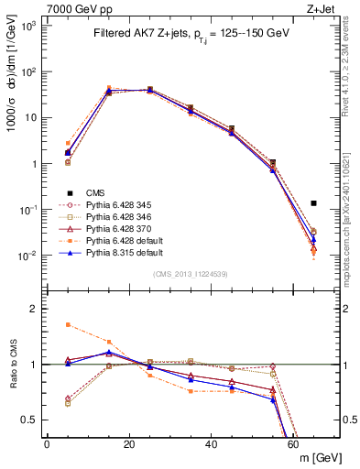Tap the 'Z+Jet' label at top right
[x=325, y=7]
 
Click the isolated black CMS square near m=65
[x=313, y=203]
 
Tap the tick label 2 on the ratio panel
[x=37, y=309]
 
